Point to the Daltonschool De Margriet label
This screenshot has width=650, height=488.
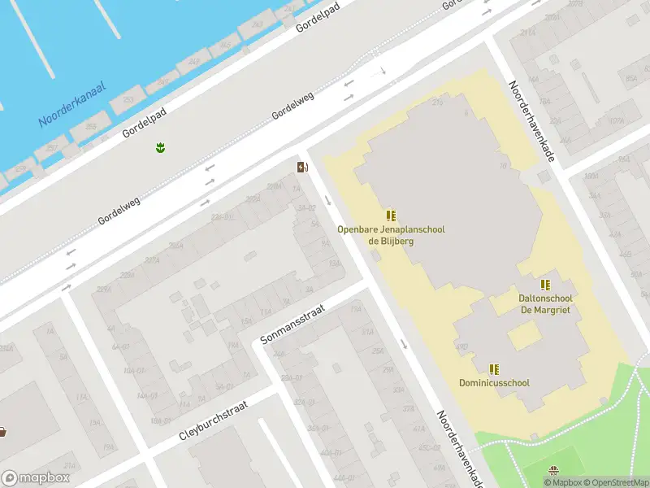(545, 303)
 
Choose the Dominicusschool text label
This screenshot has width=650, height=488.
(494, 382)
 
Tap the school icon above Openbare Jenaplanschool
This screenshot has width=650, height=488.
(391, 216)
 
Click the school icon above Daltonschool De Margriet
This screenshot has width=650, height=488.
(545, 285)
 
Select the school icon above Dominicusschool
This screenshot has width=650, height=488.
(494, 368)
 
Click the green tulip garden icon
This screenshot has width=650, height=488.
(160, 147)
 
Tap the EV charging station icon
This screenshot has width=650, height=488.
(302, 168)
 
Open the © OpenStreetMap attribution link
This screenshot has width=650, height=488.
(615, 482)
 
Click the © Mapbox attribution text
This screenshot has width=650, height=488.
(563, 482)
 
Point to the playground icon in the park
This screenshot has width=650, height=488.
(554, 470)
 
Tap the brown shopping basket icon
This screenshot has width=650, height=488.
(2, 431)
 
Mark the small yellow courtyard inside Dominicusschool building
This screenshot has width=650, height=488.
(524, 335)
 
